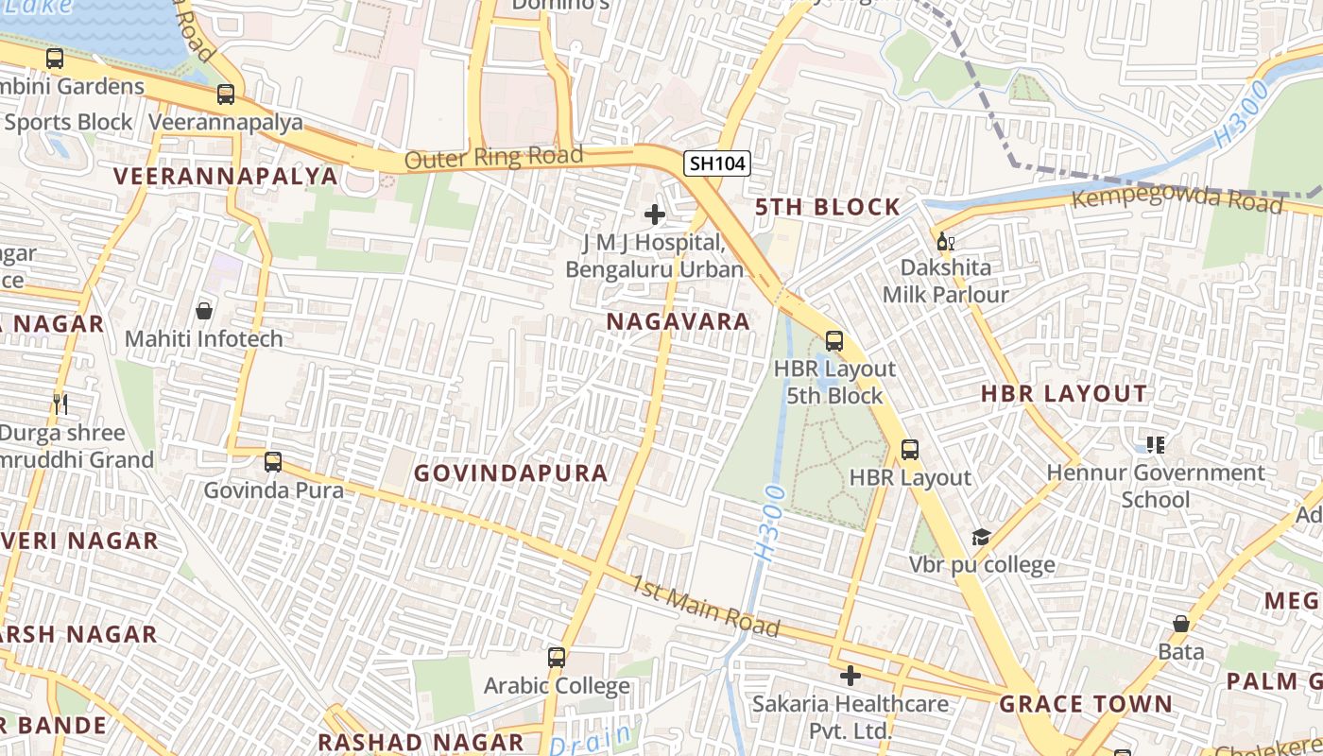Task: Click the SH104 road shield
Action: tap(717, 163)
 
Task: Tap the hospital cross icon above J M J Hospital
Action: tap(654, 215)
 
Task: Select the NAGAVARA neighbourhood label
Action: tap(678, 321)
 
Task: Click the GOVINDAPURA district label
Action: tap(511, 473)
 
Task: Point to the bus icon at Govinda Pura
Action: tap(273, 462)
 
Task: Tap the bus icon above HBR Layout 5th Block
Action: tap(833, 341)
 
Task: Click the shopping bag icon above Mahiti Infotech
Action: tap(203, 310)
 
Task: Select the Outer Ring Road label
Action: tap(493, 157)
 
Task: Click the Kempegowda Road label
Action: tap(1177, 198)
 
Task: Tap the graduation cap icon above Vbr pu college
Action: tap(981, 538)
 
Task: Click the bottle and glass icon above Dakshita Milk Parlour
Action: tap(944, 241)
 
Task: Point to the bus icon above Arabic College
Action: tap(557, 657)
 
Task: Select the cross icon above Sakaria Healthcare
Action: tap(850, 676)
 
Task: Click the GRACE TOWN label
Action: tap(1086, 704)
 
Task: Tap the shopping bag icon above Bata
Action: tap(1180, 624)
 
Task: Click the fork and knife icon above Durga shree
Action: tap(60, 404)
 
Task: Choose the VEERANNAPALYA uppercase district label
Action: tap(226, 177)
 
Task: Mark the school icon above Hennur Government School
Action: tap(1155, 444)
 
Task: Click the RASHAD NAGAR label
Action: tap(421, 742)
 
